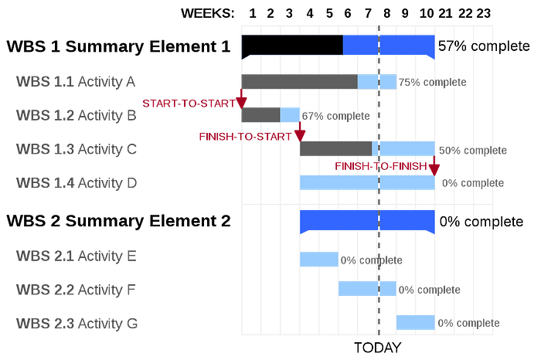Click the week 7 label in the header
[368, 13]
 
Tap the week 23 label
[483, 13]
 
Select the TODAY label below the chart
[378, 348]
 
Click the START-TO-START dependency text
[189, 104]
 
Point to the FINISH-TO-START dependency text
[245, 137]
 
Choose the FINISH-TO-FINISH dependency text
[381, 166]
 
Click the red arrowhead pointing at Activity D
[434, 170]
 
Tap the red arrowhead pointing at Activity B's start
[241, 103]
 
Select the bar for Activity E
[318, 260]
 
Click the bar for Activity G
[416, 322]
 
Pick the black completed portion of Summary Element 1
[292, 45]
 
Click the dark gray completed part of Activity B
[261, 115]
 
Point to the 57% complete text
[484, 46]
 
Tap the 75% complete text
[432, 82]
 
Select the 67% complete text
[335, 116]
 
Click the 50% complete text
[473, 151]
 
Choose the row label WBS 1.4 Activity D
[77, 183]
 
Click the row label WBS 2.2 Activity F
[76, 290]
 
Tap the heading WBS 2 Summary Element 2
[118, 221]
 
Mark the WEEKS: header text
[208, 13]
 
